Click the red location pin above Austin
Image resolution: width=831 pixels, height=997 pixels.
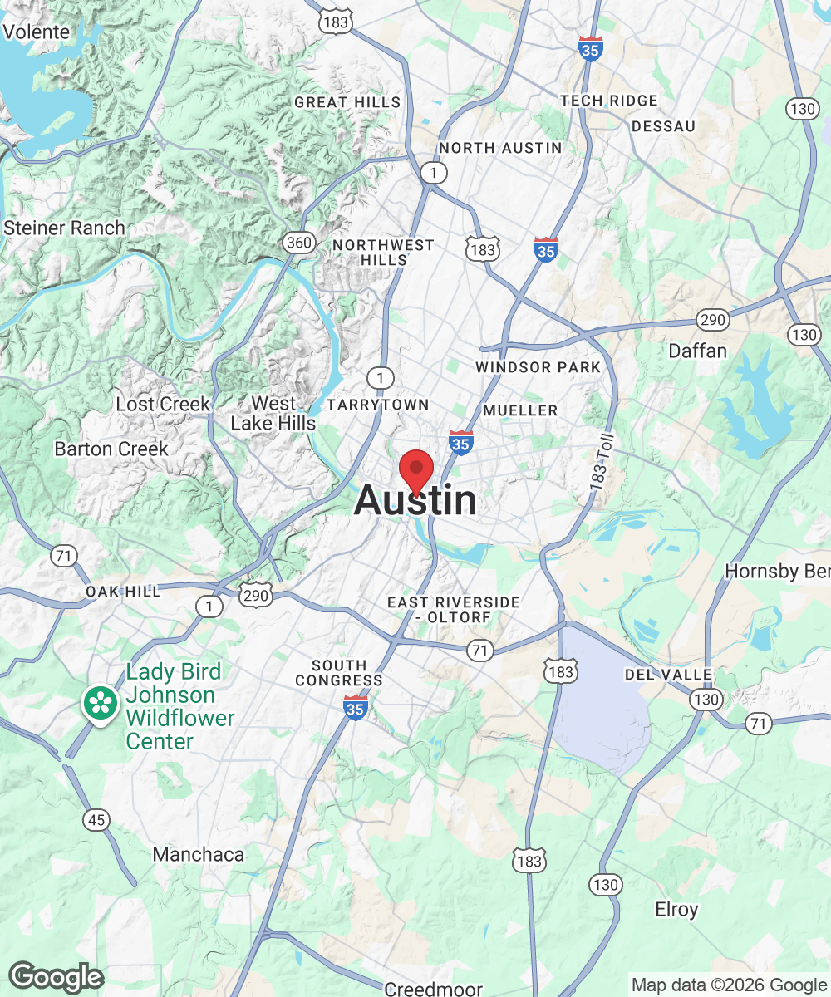[x=416, y=470]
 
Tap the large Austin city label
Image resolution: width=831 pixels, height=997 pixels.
[x=415, y=501]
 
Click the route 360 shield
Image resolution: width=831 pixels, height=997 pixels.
[x=298, y=243]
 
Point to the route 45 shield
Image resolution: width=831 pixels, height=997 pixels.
[x=96, y=820]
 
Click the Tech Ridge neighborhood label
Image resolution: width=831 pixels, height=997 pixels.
[x=608, y=101]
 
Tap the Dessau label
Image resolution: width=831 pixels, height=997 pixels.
[x=662, y=126]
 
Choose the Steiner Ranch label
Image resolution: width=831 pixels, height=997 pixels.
[x=64, y=228]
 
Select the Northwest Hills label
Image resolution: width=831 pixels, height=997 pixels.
[x=383, y=252]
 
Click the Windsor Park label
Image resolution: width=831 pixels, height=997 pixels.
[x=538, y=366]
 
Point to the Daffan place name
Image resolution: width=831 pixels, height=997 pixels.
[x=697, y=351]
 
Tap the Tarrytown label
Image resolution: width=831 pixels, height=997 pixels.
[x=378, y=405]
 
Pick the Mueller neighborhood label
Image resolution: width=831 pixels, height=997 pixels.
[x=520, y=410]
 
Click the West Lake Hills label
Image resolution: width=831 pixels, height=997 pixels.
[x=273, y=413]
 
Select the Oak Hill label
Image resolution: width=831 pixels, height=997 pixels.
[x=123, y=592]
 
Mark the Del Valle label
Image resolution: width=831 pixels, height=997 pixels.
[x=669, y=675]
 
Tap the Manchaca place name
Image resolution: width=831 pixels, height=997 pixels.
[x=199, y=854]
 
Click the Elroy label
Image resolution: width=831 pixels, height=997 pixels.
[x=676, y=909]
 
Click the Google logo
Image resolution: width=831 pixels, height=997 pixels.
[x=56, y=978]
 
